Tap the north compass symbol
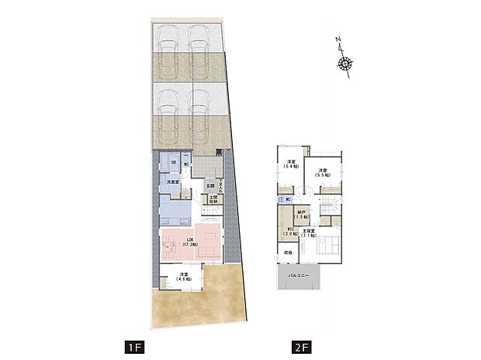[345, 64]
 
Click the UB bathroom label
[174, 162]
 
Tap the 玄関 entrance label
[210, 186]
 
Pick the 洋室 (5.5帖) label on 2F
[323, 173]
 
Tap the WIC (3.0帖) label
[289, 231]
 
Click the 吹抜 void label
[287, 252]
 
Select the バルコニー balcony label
[299, 275]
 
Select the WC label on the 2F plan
[288, 199]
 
